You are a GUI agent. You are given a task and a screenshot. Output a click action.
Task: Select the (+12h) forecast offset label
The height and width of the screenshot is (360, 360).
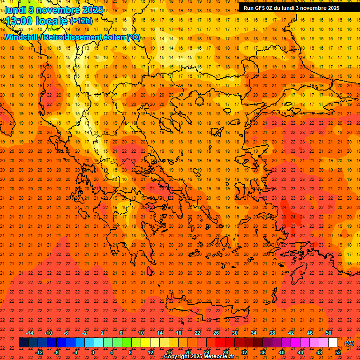click(81, 21)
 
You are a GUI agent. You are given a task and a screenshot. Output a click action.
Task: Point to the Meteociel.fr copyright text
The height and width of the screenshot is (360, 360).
click(200, 357)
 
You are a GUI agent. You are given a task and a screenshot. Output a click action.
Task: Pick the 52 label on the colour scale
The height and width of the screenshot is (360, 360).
click(338, 352)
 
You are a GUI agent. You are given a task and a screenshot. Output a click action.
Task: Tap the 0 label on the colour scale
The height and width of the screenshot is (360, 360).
click(93, 352)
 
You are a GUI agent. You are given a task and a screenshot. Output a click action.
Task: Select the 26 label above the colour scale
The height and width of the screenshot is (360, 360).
click(216, 333)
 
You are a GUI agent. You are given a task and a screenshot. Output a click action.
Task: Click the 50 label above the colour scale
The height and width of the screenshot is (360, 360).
click(329, 333)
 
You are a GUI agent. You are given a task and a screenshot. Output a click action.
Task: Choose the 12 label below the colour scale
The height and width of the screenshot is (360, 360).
click(150, 352)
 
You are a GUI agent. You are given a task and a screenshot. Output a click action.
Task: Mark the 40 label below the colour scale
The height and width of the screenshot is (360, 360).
click(282, 352)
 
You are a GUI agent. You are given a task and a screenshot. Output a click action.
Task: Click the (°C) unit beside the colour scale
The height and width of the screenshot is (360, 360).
click(349, 343)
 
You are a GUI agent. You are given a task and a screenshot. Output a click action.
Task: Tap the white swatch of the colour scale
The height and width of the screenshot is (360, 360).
click(333, 343)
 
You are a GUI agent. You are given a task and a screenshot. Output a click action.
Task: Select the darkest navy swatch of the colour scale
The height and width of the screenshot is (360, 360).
click(24, 343)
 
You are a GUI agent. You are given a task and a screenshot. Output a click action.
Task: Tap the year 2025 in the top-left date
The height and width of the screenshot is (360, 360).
click(92, 9)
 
